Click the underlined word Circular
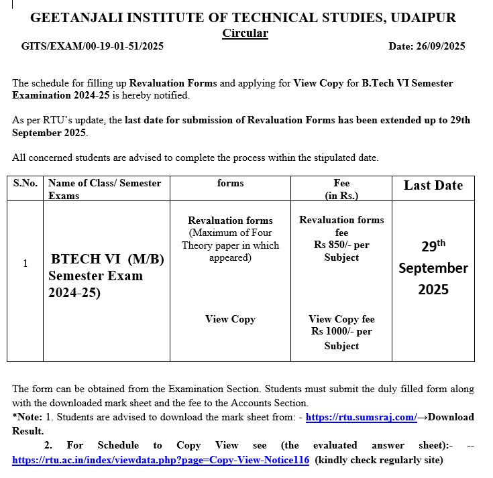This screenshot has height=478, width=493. coord(245,33)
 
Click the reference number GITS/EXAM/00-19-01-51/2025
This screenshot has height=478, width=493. coord(93,46)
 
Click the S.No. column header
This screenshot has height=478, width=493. coord(25,183)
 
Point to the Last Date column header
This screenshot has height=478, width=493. coord(433,186)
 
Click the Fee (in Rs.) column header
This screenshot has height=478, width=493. coord(341,189)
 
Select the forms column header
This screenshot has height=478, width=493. coord(230,183)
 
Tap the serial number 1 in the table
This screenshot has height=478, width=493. coord(25,263)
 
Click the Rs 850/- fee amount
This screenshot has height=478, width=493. coord(341,245)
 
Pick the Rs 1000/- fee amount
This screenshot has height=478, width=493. coord(341,332)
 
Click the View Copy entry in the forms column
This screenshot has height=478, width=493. coord(230,319)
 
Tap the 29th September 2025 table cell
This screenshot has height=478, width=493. coord(433,267)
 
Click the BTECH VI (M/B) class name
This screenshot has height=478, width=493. coord(107,259)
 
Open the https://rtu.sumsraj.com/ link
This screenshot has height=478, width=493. coord(362,417)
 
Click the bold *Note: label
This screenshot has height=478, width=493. coord(28,417)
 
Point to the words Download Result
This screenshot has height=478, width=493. coord(451,417)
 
